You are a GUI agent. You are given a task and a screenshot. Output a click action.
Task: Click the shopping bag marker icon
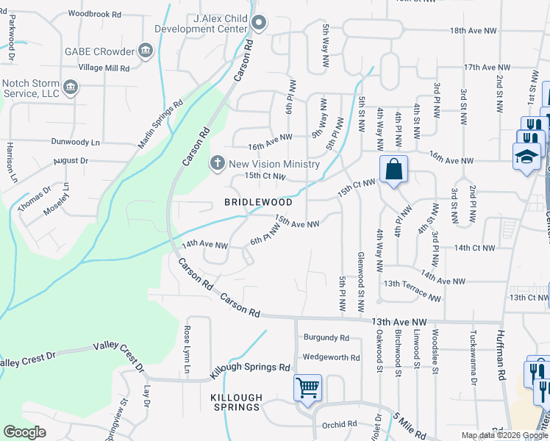[x=394, y=170]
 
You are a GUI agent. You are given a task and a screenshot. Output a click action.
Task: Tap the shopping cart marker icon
[x=307, y=387]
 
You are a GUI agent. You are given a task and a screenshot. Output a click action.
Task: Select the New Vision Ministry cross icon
[x=218, y=163]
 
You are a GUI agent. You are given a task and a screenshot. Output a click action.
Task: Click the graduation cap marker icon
[x=527, y=157]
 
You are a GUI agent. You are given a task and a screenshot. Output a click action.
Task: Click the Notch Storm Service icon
[x=71, y=87]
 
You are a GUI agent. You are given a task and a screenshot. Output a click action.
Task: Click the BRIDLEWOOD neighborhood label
[x=258, y=202]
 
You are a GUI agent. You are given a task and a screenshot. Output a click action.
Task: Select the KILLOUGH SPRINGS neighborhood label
[x=235, y=402]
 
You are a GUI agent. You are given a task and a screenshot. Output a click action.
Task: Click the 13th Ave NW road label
[x=399, y=322]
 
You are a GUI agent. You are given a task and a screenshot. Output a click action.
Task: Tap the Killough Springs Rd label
[x=251, y=368]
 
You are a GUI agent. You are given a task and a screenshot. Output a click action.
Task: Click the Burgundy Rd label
[x=325, y=338]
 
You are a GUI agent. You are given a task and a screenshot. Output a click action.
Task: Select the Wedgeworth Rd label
[x=331, y=358]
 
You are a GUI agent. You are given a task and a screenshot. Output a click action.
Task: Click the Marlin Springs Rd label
[x=159, y=124]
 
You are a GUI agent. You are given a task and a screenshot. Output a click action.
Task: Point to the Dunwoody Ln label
[x=75, y=141]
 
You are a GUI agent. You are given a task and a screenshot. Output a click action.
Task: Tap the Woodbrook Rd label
[x=93, y=14]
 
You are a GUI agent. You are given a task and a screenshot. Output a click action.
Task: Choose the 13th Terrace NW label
[x=412, y=291]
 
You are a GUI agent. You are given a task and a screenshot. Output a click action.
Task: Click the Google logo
[x=25, y=431]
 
